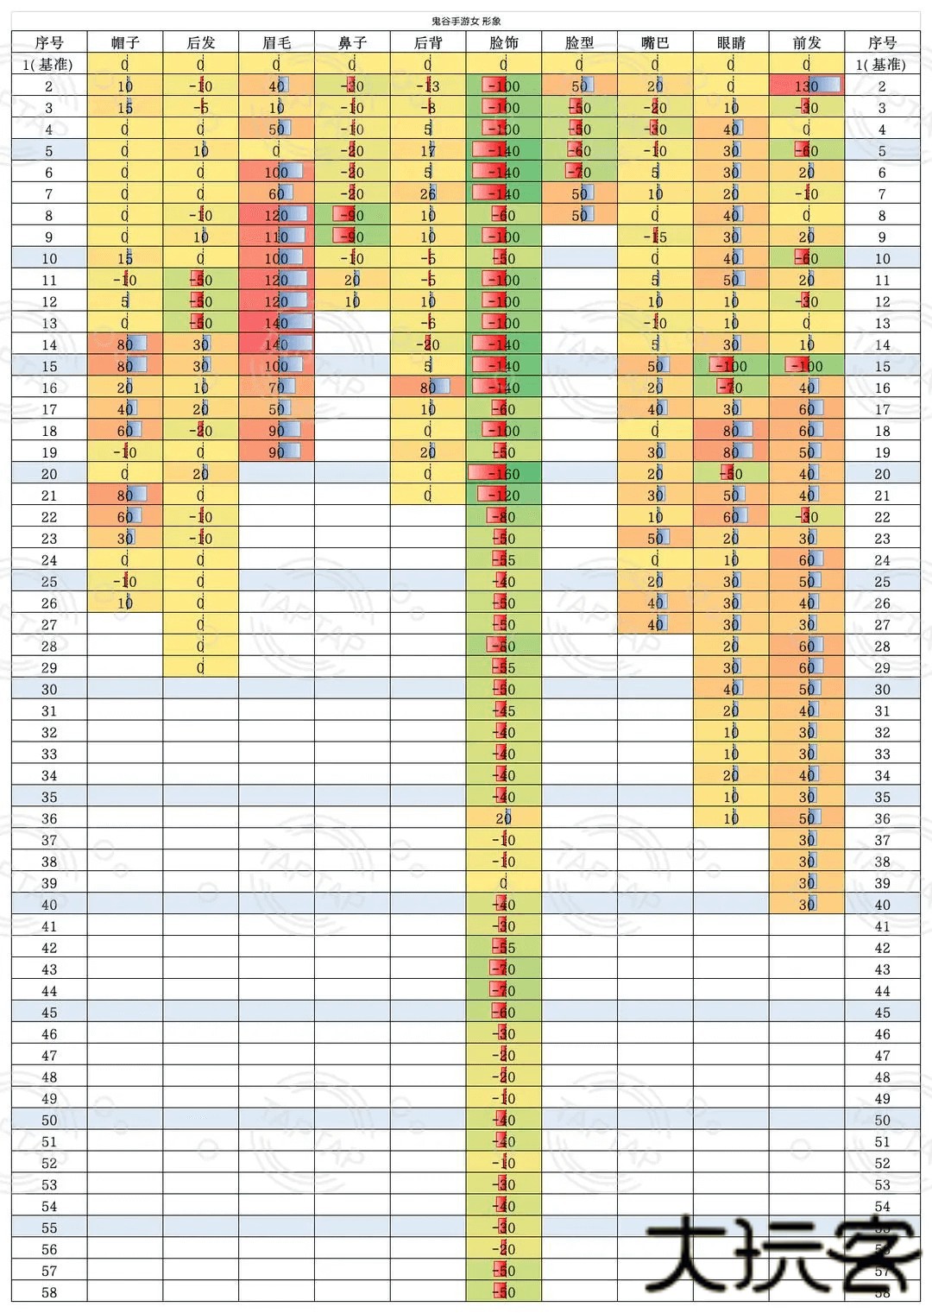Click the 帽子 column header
125,42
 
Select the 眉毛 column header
276,42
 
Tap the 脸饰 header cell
503,42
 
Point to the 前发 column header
806,42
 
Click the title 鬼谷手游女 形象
466,21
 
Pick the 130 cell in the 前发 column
806,85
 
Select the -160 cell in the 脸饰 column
503,473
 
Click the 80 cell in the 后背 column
428,387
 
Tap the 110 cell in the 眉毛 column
276,237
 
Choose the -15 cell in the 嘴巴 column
655,237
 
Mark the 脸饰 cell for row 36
503,817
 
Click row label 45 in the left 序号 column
49,1012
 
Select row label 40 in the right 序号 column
882,905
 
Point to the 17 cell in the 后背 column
428,150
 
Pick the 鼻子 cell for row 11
352,280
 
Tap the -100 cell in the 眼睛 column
731,365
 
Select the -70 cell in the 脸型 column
579,172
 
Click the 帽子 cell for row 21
125,495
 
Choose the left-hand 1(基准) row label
48,64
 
